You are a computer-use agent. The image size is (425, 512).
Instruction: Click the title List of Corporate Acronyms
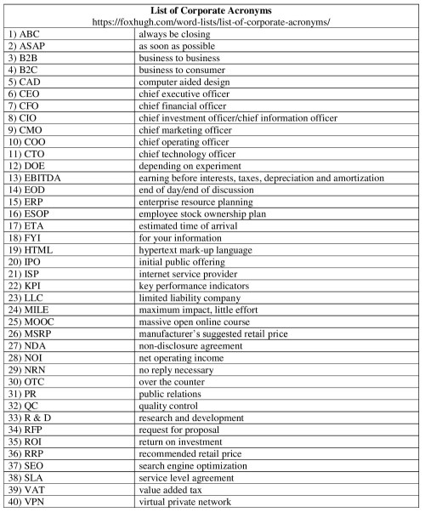tap(212, 9)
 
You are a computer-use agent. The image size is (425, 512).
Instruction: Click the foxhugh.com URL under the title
tap(212, 20)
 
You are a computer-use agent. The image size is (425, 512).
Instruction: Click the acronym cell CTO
tap(29, 154)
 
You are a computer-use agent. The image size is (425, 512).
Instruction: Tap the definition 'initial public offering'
tap(184, 262)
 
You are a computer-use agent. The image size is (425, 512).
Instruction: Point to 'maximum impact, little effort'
tap(200, 310)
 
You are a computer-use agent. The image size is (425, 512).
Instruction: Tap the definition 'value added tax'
tap(173, 491)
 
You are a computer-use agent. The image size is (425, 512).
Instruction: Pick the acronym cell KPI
tap(29, 286)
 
